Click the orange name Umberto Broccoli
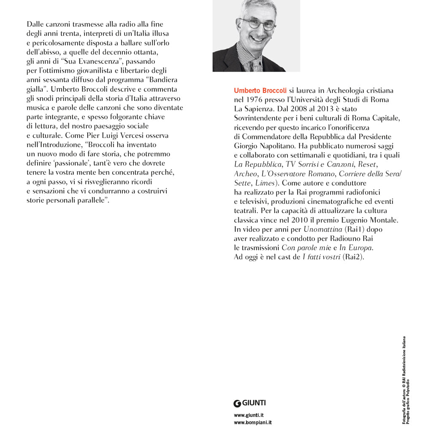pos(260,90)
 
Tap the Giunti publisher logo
pos(250,403)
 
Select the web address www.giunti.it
pos(249,415)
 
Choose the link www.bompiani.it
pos(252,422)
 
